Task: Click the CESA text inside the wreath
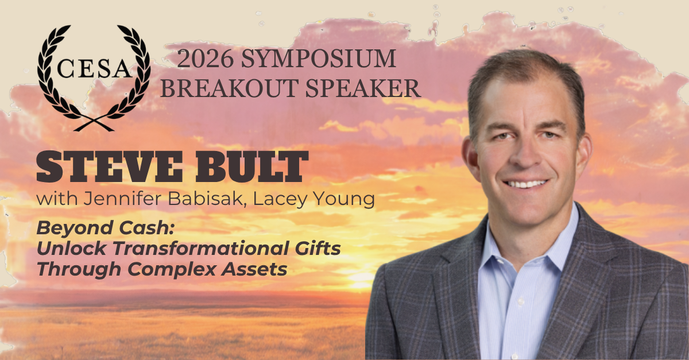(x=94, y=68)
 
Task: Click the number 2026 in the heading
(x=205, y=59)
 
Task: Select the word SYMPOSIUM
(x=318, y=59)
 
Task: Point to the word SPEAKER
(x=363, y=88)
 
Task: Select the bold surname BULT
(x=252, y=167)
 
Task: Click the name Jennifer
(x=122, y=199)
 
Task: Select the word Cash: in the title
(x=147, y=228)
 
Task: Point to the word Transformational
(x=201, y=248)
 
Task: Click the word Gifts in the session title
(x=318, y=248)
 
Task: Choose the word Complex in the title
(x=172, y=269)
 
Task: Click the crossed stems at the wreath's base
(x=94, y=124)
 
